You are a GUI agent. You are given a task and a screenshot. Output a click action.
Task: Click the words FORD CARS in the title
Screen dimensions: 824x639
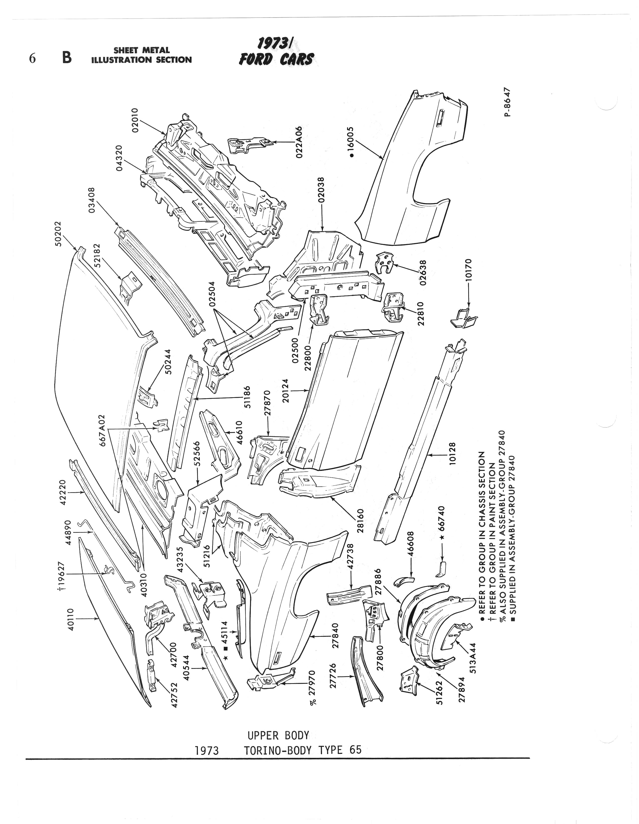(x=276, y=59)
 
